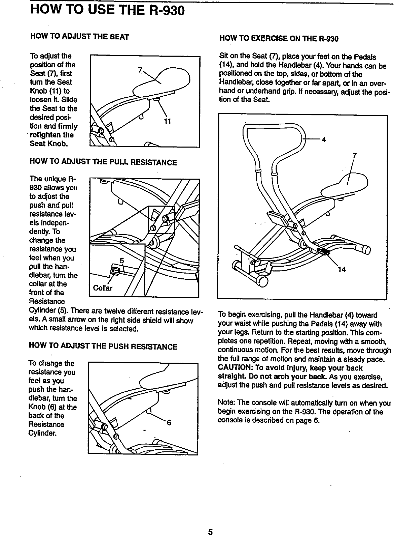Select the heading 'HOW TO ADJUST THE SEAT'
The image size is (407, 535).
80,36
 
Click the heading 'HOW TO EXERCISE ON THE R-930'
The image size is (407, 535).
279,39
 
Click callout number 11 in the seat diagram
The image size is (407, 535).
168,121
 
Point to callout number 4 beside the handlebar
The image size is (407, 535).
324,140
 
